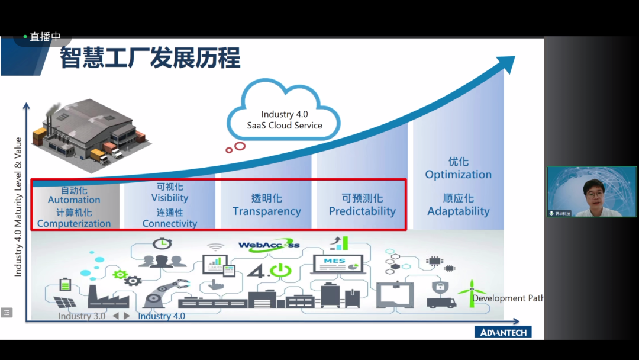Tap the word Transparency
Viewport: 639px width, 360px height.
266,211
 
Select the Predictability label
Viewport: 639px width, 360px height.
362,211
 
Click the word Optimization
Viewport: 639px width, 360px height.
458,175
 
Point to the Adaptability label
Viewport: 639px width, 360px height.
458,211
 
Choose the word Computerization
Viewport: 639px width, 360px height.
74,224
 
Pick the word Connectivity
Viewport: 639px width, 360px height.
170,224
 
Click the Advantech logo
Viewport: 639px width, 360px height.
503,332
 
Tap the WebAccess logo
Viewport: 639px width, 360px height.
269,245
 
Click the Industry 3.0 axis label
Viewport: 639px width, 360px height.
82,316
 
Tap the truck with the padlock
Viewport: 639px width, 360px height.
441,295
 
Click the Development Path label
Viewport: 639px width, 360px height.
508,298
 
